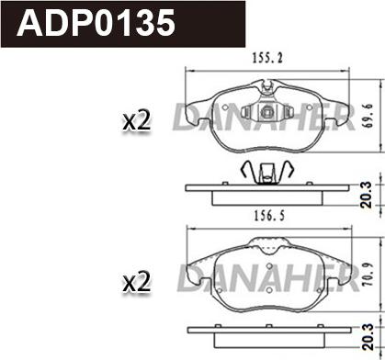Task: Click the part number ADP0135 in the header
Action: [96, 23]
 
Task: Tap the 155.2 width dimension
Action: [267, 58]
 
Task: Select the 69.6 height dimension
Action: [368, 116]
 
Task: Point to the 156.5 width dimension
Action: [269, 216]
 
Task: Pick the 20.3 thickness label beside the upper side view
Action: [366, 195]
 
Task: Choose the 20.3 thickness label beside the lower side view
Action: [367, 337]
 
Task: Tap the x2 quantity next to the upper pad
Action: [136, 121]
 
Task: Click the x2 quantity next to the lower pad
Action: [136, 282]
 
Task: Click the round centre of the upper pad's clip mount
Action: [266, 112]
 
